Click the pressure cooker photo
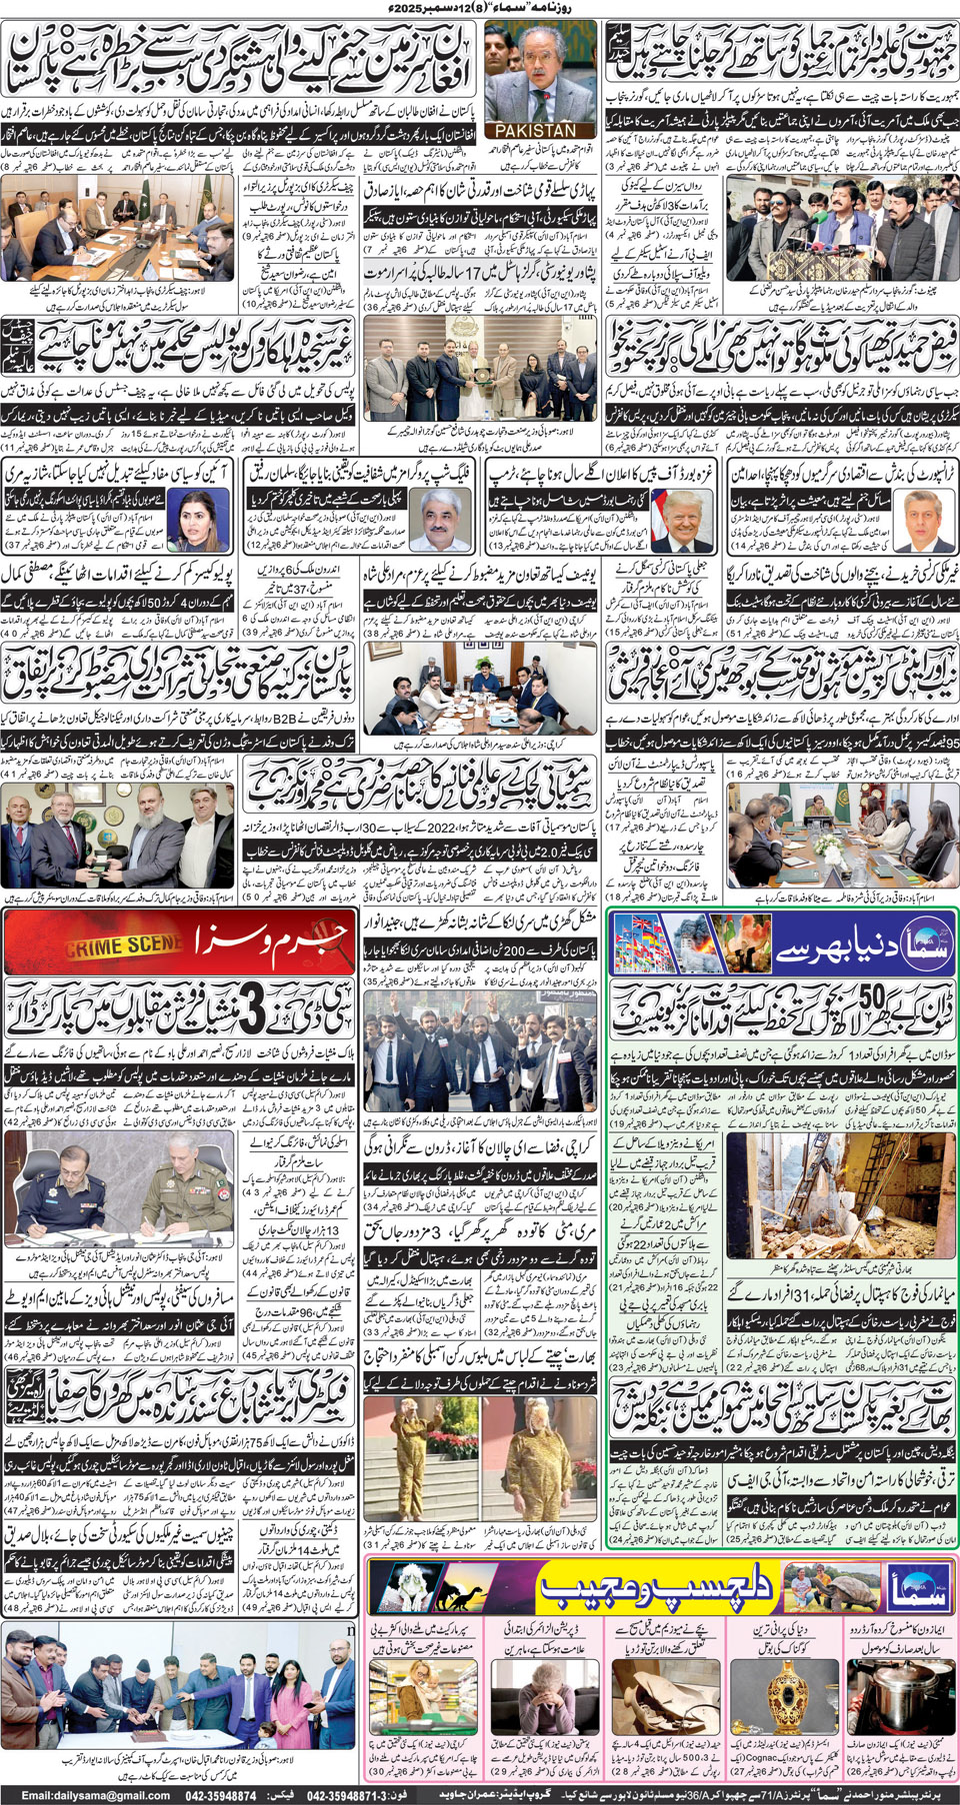click(x=900, y=1691)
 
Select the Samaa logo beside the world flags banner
click(x=906, y=946)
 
